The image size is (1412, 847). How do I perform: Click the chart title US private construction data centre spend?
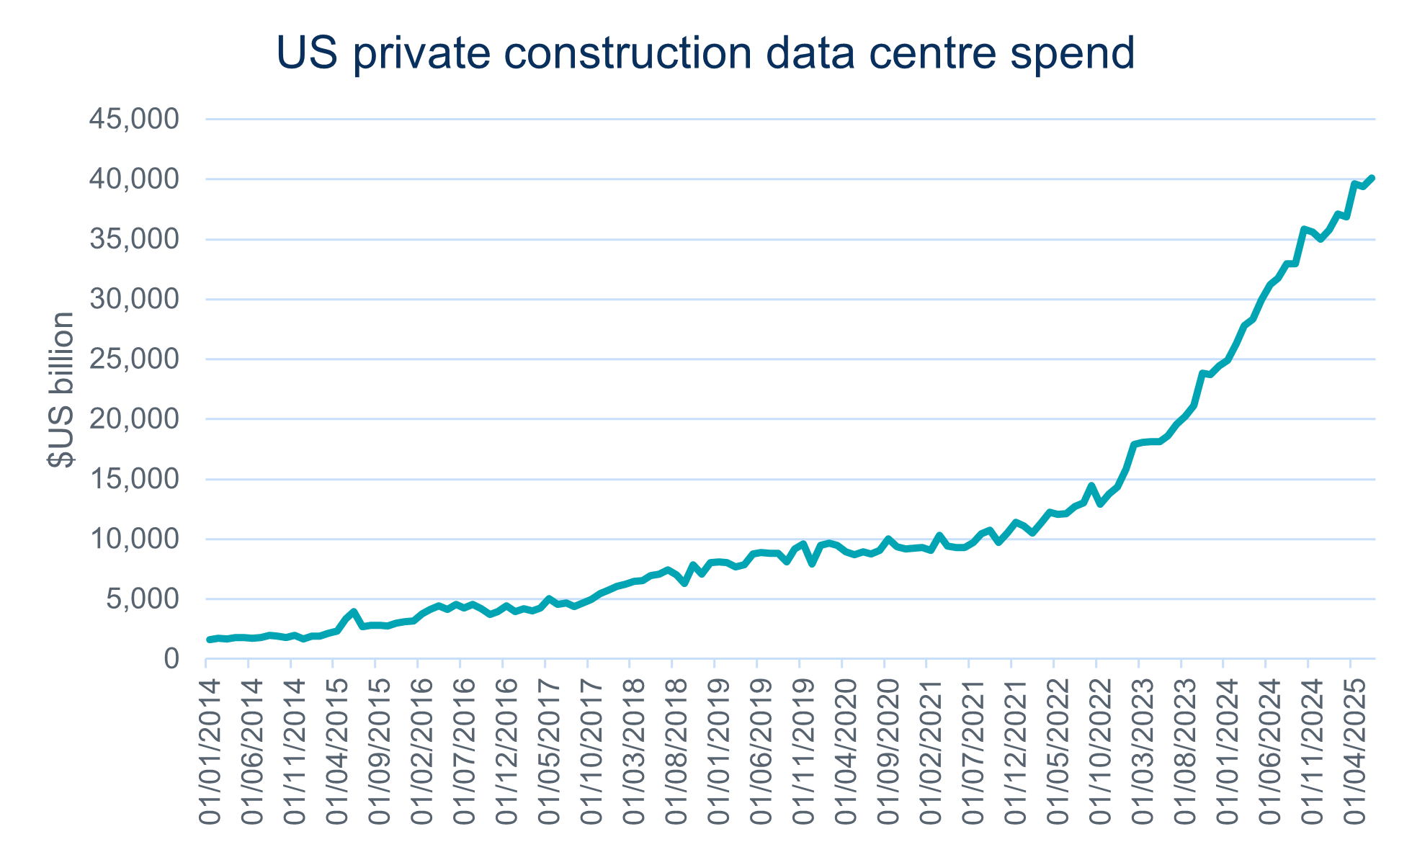pos(705,53)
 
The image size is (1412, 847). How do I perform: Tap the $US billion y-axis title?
pos(62,390)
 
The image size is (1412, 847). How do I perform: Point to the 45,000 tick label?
pos(134,119)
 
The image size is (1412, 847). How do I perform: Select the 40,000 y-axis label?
pos(134,179)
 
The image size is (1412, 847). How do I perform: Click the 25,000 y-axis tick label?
pos(134,359)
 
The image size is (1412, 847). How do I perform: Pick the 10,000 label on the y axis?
pos(134,539)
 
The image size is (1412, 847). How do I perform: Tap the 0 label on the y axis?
pos(171,658)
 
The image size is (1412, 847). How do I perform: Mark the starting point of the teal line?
pos(209,640)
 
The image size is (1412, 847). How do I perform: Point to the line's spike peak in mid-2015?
pos(354,611)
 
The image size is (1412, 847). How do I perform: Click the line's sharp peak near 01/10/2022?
pos(1091,485)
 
